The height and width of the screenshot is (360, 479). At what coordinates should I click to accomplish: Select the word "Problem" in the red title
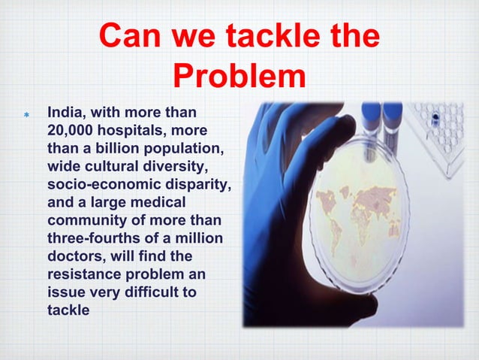tap(239, 75)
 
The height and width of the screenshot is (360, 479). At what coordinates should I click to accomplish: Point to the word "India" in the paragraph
tap(65, 113)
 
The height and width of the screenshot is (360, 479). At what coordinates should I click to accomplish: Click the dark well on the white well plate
tap(435, 119)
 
